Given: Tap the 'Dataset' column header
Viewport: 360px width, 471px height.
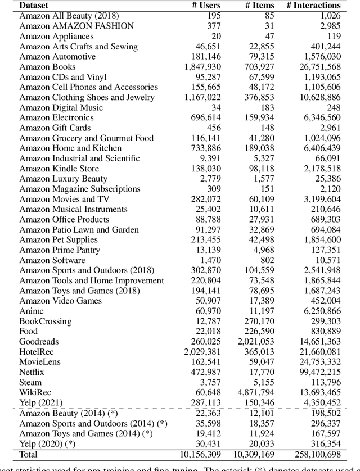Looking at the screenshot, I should [x=34, y=5].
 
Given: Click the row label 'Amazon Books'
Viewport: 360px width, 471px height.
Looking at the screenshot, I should [x=47, y=67].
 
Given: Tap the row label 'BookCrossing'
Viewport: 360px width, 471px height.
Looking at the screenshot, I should [x=45, y=321].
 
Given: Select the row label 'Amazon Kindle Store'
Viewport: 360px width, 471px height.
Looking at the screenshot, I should [x=59, y=169].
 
